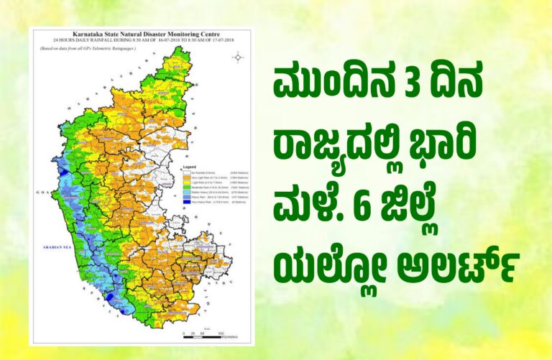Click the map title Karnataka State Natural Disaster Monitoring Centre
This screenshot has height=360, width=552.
point(141,34)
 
